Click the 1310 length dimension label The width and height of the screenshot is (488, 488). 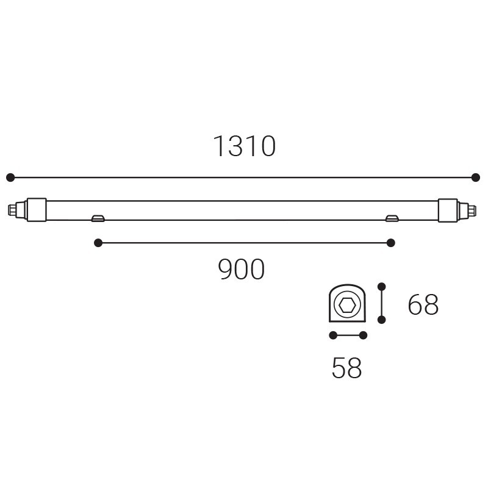tap(245, 146)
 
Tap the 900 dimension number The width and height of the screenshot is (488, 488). tap(241, 269)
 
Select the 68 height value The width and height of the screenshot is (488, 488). tap(423, 304)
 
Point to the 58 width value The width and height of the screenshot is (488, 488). tap(346, 368)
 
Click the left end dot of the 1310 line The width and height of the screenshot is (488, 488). tap(10, 178)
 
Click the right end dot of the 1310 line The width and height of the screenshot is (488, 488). tap(476, 178)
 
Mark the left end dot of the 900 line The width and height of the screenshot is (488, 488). tap(98, 243)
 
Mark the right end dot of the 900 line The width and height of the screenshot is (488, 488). tap(390, 243)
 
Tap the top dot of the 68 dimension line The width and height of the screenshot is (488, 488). tap(382, 287)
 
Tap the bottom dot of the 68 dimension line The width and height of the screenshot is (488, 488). tap(382, 319)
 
